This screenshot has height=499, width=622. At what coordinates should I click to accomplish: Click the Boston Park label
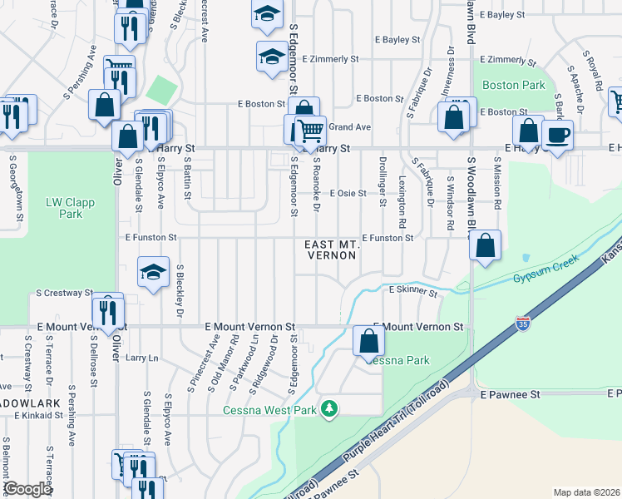pyautogui.click(x=513, y=85)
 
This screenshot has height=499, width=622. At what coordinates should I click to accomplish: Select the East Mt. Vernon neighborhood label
pyautogui.click(x=332, y=249)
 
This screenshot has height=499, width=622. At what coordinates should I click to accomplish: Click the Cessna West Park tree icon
pyautogui.click(x=330, y=408)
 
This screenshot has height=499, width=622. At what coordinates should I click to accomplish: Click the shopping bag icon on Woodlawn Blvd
pyautogui.click(x=486, y=246)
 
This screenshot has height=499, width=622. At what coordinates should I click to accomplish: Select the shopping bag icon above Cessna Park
pyautogui.click(x=368, y=340)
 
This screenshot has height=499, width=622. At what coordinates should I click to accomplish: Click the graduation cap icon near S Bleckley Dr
pyautogui.click(x=154, y=274)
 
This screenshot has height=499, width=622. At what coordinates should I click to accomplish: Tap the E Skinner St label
pyautogui.click(x=413, y=291)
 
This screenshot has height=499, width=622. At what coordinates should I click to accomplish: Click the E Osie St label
pyautogui.click(x=348, y=193)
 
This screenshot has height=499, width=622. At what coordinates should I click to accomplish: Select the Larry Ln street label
pyautogui.click(x=141, y=358)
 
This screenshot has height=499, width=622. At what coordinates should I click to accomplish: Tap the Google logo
pyautogui.click(x=27, y=489)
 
